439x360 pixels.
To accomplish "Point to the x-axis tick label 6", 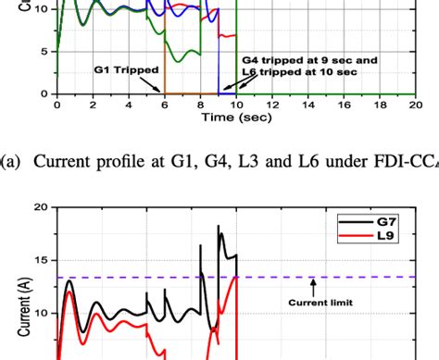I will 165,106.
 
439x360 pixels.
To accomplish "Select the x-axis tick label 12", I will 273,106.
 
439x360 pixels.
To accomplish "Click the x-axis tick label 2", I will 93,106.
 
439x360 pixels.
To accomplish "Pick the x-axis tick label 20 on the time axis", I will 417,106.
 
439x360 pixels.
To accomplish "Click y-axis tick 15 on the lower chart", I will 40,261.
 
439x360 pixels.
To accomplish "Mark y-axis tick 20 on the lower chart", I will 40,209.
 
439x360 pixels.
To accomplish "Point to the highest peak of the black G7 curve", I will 219,225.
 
